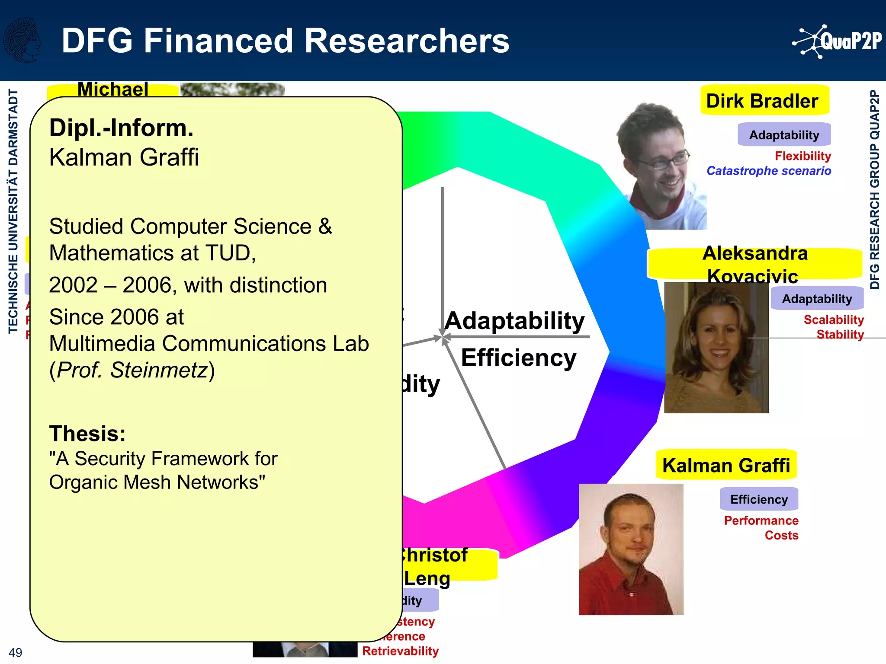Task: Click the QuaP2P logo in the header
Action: click(x=837, y=41)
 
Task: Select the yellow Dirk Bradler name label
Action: click(x=764, y=101)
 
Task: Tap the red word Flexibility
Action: click(x=803, y=156)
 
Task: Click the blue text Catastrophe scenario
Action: click(x=768, y=171)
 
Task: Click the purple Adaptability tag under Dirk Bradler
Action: click(x=783, y=135)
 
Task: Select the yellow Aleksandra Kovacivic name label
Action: click(x=754, y=264)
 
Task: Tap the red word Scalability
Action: click(x=833, y=320)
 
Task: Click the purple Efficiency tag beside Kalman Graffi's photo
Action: click(x=758, y=499)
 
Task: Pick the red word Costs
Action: click(x=781, y=536)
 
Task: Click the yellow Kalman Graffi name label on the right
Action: click(x=725, y=466)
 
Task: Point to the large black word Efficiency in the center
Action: click(x=518, y=358)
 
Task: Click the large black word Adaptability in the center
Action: click(x=514, y=321)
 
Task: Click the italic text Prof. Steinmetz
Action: click(x=132, y=370)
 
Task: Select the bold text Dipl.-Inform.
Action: click(x=121, y=128)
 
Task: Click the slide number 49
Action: click(x=15, y=652)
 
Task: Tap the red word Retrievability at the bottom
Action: click(x=400, y=651)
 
